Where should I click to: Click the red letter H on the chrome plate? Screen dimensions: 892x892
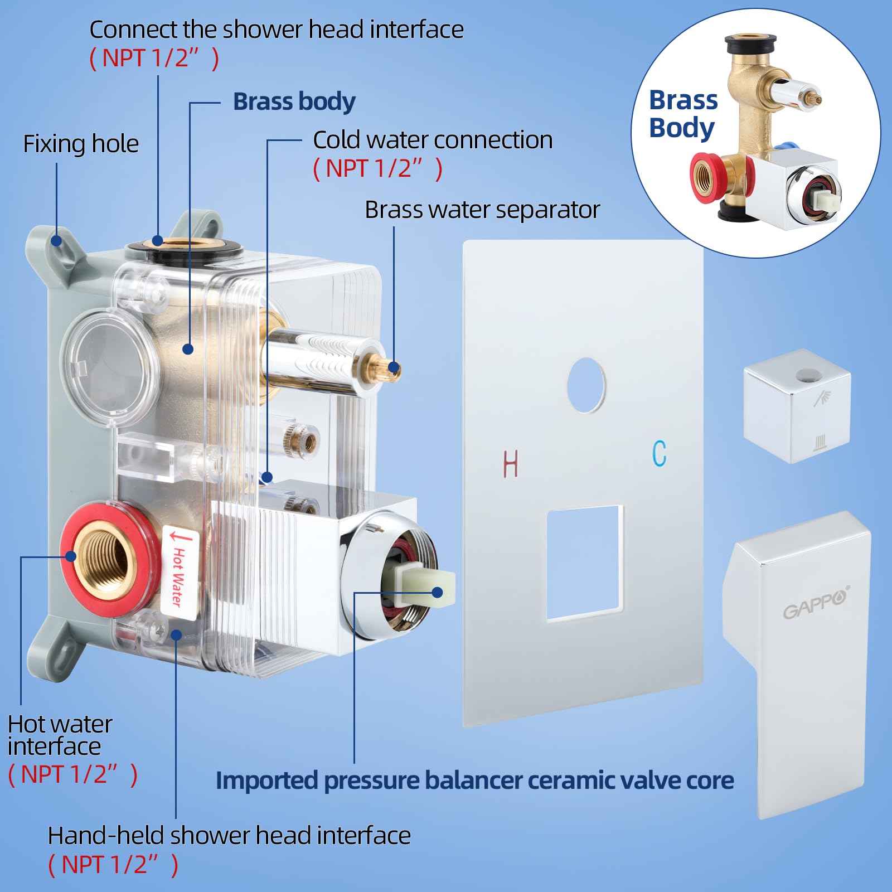click(x=511, y=463)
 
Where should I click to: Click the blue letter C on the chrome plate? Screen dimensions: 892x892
click(x=660, y=453)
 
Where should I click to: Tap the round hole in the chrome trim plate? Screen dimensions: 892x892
click(x=586, y=385)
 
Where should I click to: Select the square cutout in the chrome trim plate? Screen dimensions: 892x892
click(x=585, y=563)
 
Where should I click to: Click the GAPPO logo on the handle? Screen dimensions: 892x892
click(x=815, y=603)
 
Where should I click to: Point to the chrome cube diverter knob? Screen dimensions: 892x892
click(x=797, y=406)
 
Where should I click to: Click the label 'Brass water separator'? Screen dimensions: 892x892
click(x=482, y=210)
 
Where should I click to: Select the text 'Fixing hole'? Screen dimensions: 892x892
click(x=81, y=144)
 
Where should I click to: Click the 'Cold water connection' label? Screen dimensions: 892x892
click(x=433, y=140)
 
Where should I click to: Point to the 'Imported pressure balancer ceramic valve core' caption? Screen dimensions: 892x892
click(x=474, y=780)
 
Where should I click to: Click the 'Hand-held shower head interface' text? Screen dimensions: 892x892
click(x=229, y=836)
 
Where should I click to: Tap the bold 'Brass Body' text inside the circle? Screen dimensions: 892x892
click(x=683, y=114)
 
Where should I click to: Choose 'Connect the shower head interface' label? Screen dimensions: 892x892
click(x=277, y=30)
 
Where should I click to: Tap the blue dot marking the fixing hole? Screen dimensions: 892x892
click(x=56, y=240)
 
